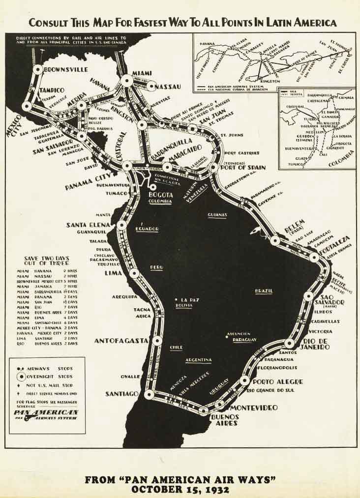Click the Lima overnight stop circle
click(x=134, y=273)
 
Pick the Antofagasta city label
click(x=121, y=341)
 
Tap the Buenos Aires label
click(x=225, y=420)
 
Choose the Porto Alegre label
click(x=278, y=381)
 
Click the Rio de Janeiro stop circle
click(x=289, y=343)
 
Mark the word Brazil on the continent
click(x=264, y=291)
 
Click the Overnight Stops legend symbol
click(x=21, y=377)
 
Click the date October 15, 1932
click(x=180, y=489)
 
